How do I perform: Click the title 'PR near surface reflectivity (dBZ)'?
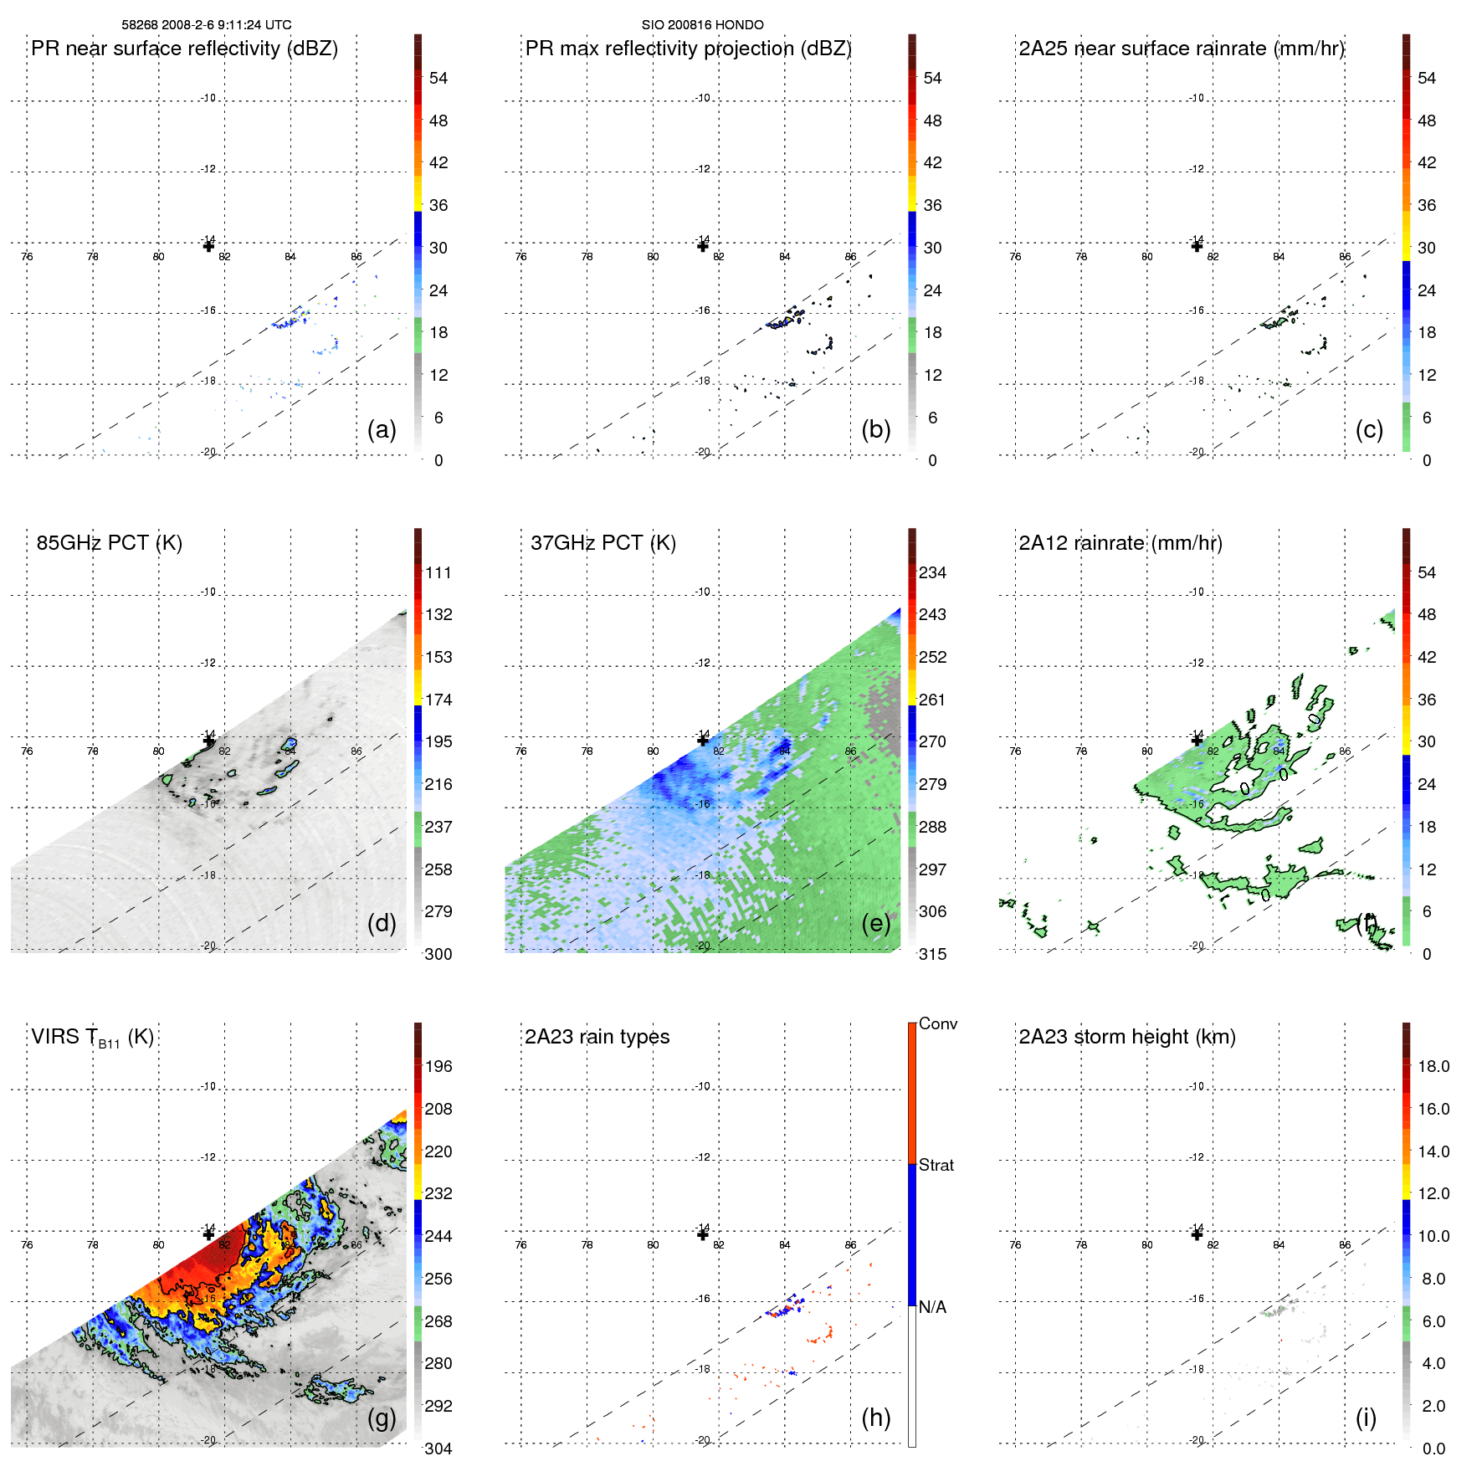click(184, 49)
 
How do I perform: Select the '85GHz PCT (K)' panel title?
click(109, 543)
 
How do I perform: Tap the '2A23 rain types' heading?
click(597, 1037)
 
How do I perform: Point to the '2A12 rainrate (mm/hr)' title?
click(1120, 543)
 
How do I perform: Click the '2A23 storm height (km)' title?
click(1126, 1037)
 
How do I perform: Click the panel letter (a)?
click(382, 430)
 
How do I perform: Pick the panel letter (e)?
click(875, 924)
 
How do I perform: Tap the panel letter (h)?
click(875, 1418)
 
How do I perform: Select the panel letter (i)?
click(1366, 1418)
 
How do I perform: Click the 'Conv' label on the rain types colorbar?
click(937, 1023)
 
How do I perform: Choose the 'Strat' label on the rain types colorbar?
click(936, 1165)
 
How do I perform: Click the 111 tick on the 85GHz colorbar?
click(438, 572)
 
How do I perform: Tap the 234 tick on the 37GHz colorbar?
click(932, 572)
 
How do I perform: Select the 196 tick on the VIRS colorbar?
click(438, 1066)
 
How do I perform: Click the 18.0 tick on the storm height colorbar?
click(1433, 1066)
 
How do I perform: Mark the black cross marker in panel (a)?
click(208, 246)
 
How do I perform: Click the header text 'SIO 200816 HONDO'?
click(702, 25)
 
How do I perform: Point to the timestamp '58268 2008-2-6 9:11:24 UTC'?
click(207, 25)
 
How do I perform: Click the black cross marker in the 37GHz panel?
click(703, 740)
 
